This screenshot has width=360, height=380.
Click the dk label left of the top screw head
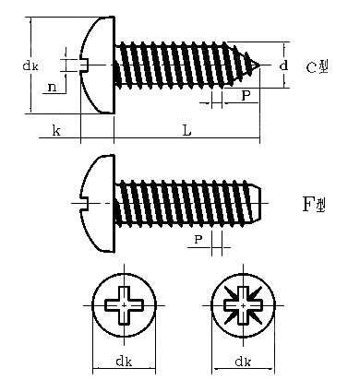coord(30,66)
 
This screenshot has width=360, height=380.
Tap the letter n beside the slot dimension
coord(54,87)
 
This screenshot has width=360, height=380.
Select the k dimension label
coord(56,132)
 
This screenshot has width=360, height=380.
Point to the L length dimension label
coord(187,132)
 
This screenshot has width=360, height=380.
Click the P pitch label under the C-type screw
coord(246,95)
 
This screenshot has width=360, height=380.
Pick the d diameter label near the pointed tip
coord(284,65)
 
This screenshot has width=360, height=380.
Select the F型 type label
coord(315,203)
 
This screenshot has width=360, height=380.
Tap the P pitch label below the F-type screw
coord(198,240)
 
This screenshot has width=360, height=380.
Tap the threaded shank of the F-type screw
coord(185,202)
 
